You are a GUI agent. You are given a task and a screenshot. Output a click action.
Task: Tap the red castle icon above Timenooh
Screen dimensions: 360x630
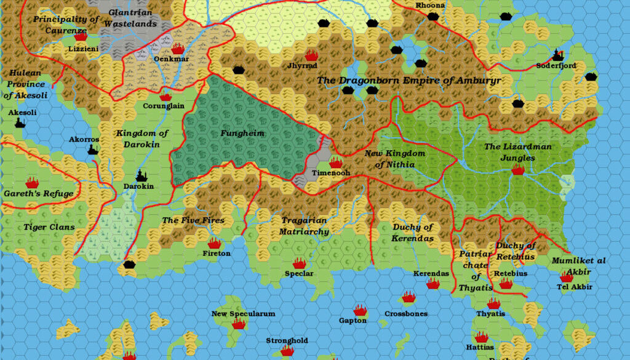click(336, 162)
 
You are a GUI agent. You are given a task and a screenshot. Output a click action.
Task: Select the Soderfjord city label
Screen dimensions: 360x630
click(556, 65)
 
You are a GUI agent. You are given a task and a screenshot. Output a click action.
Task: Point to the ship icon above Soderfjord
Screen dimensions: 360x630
click(558, 55)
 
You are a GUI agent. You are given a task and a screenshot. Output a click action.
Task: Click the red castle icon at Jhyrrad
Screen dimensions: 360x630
click(311, 55)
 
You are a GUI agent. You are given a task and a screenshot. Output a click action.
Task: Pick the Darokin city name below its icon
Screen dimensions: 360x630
click(138, 186)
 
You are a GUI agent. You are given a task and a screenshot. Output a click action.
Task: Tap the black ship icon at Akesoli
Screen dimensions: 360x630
click(20, 122)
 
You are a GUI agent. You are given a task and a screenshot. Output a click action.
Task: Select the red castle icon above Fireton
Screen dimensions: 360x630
click(214, 244)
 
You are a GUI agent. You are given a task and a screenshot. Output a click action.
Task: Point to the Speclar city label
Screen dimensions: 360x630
click(299, 273)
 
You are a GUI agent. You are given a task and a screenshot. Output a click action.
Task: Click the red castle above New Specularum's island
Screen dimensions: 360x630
click(239, 323)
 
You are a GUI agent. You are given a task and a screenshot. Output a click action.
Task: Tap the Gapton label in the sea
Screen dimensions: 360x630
click(353, 320)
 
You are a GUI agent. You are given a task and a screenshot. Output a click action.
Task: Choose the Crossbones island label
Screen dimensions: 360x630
click(404, 313)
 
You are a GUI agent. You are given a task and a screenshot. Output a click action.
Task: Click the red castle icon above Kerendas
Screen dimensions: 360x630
click(433, 283)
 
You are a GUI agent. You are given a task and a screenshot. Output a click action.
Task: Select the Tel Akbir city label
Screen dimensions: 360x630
click(574, 287)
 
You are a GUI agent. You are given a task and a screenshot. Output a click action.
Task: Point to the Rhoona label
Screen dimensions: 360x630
click(429, 6)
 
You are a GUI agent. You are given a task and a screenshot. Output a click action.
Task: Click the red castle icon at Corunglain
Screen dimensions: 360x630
click(165, 96)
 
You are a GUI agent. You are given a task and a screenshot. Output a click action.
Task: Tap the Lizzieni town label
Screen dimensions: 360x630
click(83, 48)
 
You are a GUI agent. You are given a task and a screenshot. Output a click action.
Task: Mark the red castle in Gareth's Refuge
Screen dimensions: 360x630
click(32, 182)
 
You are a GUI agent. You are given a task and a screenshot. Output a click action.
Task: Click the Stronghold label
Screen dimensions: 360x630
click(287, 340)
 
